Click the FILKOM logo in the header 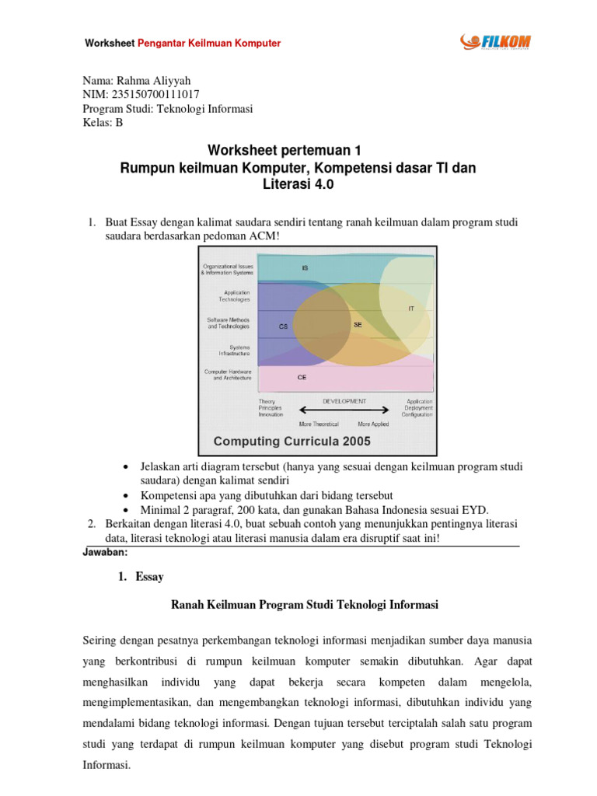coord(494,41)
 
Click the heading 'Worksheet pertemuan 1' coord(288,150)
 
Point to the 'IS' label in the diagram coord(305,267)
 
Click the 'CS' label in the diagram coord(284,327)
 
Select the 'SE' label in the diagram coord(357,325)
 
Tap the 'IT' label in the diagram coord(411,309)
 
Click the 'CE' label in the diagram coord(302,377)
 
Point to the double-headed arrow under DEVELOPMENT coord(343,410)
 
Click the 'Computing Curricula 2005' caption coord(292,441)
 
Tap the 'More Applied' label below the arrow coord(374,424)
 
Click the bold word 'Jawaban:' coord(105,552)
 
